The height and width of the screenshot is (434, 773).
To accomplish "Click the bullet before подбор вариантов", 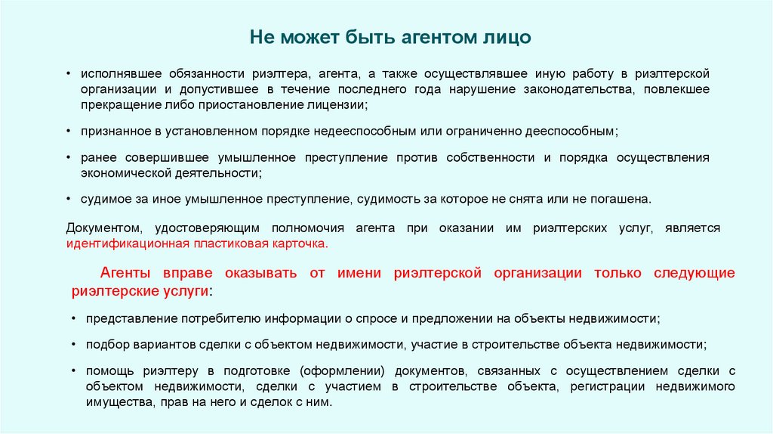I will pyautogui.click(x=73, y=345).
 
